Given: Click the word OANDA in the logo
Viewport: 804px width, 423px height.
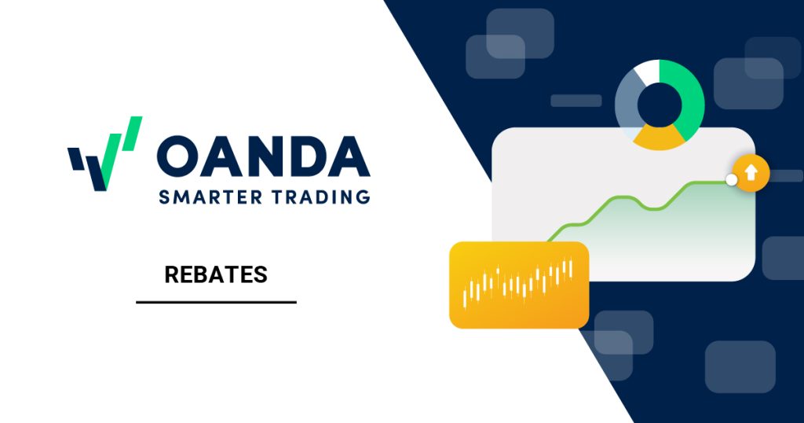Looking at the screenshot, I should (x=263, y=156).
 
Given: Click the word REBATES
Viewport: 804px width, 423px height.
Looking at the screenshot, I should (x=216, y=275).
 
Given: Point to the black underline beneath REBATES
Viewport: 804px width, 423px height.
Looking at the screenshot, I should (x=216, y=302).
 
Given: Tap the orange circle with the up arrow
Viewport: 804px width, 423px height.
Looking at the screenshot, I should (x=751, y=172).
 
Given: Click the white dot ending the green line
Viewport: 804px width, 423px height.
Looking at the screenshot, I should (x=732, y=180).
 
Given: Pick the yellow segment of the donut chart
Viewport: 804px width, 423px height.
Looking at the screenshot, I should (x=659, y=138).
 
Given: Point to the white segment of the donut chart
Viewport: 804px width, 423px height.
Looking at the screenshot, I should (x=645, y=72).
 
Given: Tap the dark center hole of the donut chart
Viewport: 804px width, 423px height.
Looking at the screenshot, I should (x=659, y=104).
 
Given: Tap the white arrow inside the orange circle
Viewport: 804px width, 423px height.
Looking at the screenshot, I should (x=751, y=172).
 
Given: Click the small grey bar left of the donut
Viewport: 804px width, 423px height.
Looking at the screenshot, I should (x=576, y=101).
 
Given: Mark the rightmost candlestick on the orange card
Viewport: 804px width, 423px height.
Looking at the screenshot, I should (x=571, y=267).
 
